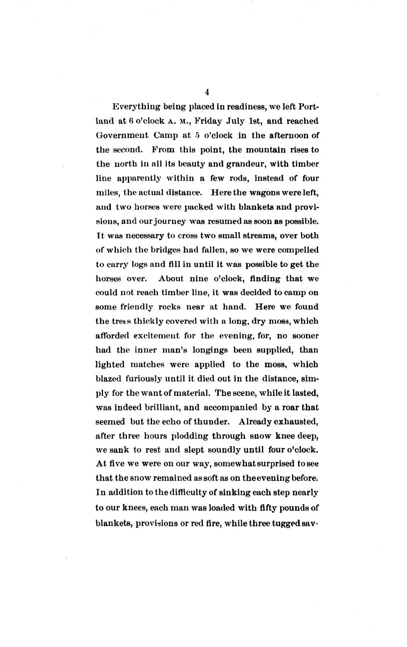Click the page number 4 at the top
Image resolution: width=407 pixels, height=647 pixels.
[x=207, y=91]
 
